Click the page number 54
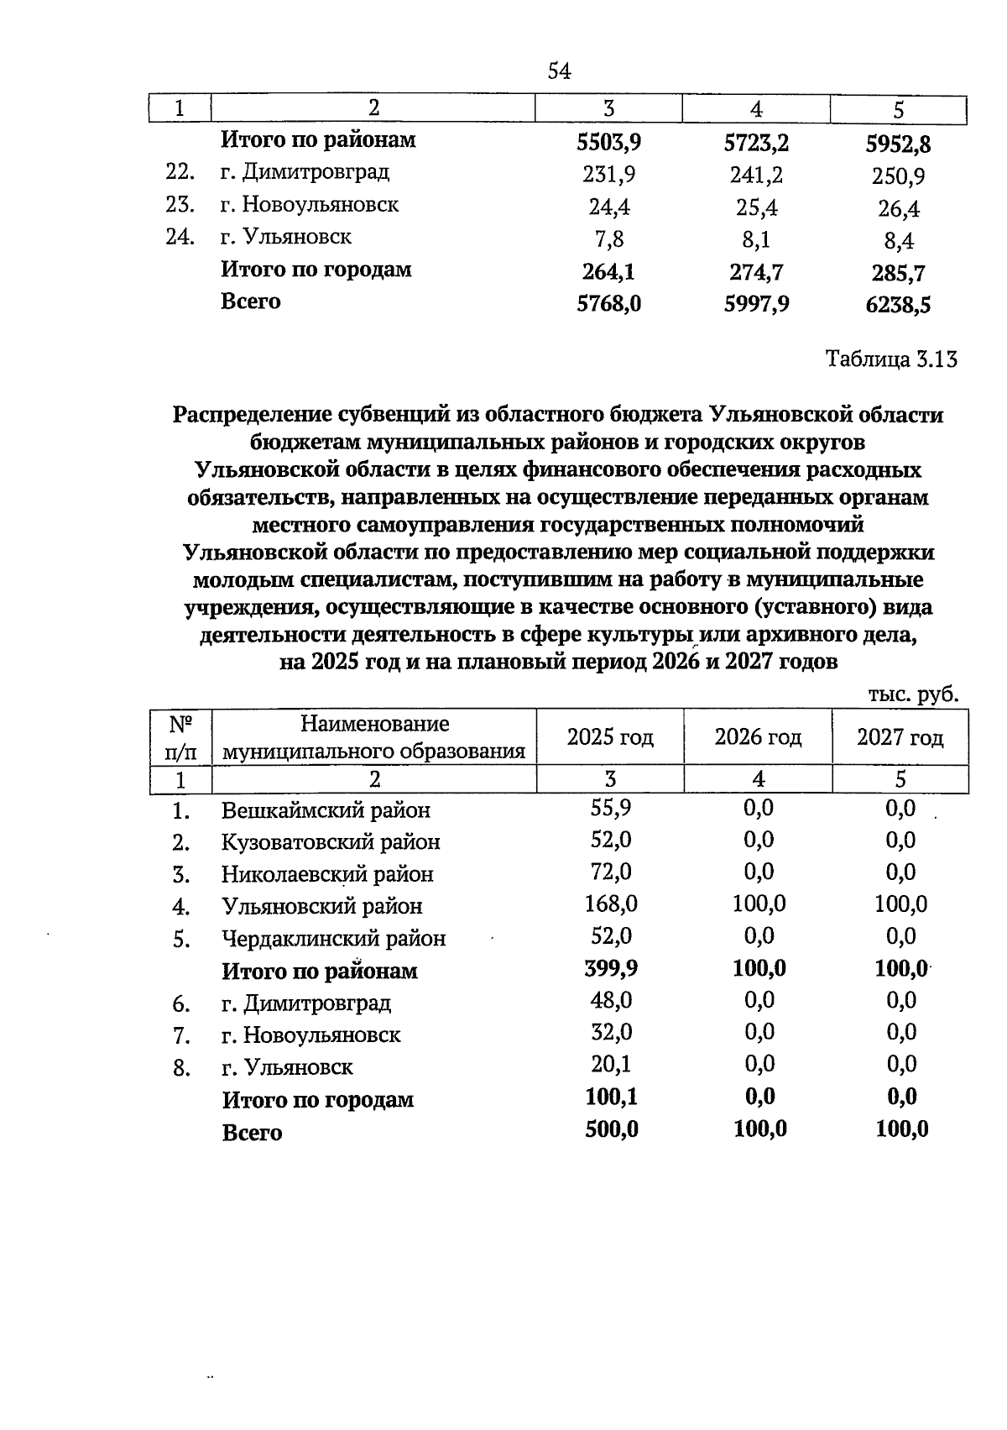(x=559, y=71)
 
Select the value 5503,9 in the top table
(x=608, y=142)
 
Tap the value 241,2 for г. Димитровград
(x=756, y=175)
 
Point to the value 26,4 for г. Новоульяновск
(x=898, y=208)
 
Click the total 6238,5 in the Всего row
(x=898, y=305)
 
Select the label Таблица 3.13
(x=891, y=359)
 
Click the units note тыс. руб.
(x=913, y=694)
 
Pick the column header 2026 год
(x=758, y=737)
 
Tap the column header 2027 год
(x=900, y=737)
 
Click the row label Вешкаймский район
(x=326, y=810)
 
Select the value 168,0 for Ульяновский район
(x=611, y=904)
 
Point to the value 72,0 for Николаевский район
(x=611, y=872)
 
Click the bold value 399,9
(x=611, y=969)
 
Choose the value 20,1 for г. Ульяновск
(x=611, y=1065)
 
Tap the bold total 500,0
(x=611, y=1129)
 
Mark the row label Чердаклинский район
(x=333, y=939)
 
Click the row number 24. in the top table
(x=180, y=237)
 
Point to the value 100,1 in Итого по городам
(x=611, y=1097)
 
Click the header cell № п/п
(x=180, y=736)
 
